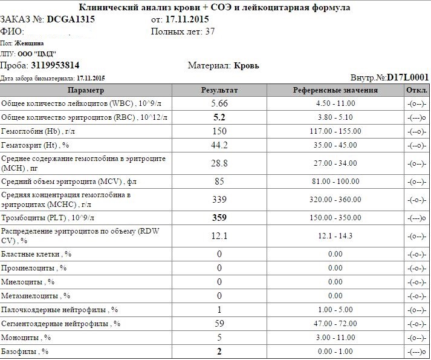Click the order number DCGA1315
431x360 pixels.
(x=70, y=19)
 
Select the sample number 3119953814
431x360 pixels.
(x=55, y=65)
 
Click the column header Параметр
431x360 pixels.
(x=86, y=90)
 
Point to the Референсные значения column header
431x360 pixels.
(x=335, y=90)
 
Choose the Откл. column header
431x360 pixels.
(x=417, y=90)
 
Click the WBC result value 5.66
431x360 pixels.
(x=219, y=103)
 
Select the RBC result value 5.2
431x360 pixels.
(x=219, y=117)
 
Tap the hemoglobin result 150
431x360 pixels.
(x=219, y=131)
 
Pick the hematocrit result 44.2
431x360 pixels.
(x=219, y=145)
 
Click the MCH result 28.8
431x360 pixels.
(x=219, y=163)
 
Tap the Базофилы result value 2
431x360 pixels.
(x=219, y=352)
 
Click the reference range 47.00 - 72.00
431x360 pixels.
(x=335, y=324)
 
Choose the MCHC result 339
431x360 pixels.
(x=219, y=199)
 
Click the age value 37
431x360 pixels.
(x=210, y=31)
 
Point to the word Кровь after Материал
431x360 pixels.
(x=246, y=65)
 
